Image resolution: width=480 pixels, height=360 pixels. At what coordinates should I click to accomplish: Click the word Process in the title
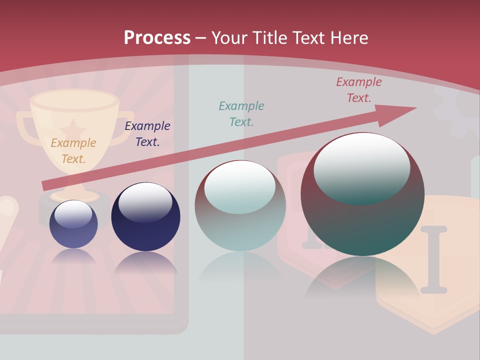pos(157,37)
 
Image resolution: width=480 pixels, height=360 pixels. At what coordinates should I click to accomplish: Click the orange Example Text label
pos(73,150)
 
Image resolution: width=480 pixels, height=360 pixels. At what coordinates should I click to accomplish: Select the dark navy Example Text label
pos(147,134)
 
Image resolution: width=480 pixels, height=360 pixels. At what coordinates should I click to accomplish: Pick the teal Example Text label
pos(241,113)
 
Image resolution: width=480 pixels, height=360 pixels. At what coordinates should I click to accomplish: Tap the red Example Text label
pos(359,90)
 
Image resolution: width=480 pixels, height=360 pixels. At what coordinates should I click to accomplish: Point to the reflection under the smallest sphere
pos(73,256)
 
